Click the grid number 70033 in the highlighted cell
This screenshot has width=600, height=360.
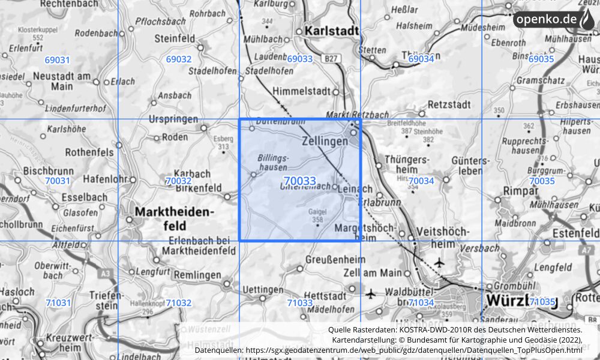[x=299, y=181]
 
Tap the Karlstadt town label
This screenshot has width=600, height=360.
[x=331, y=30]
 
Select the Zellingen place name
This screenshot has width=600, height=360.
[x=325, y=141]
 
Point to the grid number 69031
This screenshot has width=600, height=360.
[x=58, y=60]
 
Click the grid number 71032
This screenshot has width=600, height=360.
[x=179, y=303]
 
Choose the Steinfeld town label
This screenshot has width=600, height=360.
[x=175, y=38]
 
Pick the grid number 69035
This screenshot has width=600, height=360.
[x=541, y=59]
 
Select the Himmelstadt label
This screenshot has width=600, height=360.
[x=301, y=92]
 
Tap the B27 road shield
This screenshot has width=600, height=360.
[x=329, y=58]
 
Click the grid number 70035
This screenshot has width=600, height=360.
[x=542, y=181]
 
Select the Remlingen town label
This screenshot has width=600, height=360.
[x=200, y=275]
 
